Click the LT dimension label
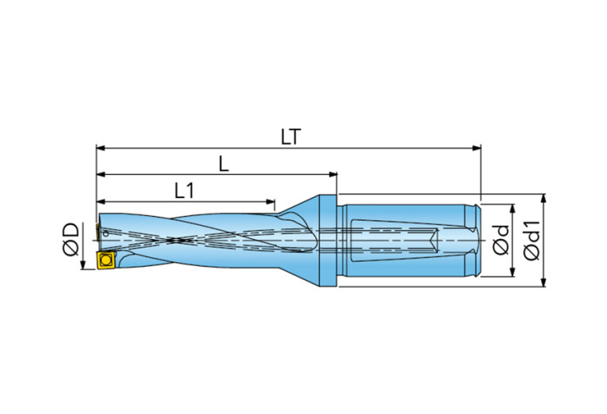click(x=290, y=137)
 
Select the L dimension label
click(x=224, y=164)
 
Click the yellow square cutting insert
click(x=105, y=260)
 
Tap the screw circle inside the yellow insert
click(x=105, y=260)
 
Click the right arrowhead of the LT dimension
click(x=477, y=147)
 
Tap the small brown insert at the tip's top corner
click(x=98, y=230)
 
